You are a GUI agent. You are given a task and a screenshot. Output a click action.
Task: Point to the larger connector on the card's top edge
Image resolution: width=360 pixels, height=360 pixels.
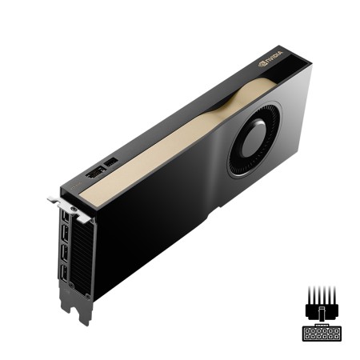coord(94,173)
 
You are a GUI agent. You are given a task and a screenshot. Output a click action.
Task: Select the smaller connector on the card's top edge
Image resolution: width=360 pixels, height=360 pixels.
coord(111,162)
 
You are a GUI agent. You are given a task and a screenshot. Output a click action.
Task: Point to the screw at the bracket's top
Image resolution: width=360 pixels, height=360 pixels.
coord(74,210)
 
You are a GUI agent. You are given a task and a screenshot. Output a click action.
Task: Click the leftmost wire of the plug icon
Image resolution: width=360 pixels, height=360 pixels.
coord(308,293)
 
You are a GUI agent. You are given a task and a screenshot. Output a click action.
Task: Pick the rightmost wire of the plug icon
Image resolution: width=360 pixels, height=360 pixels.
coord(334,293)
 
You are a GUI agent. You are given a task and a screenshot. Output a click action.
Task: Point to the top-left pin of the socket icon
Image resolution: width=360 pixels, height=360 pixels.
coord(307,329)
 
